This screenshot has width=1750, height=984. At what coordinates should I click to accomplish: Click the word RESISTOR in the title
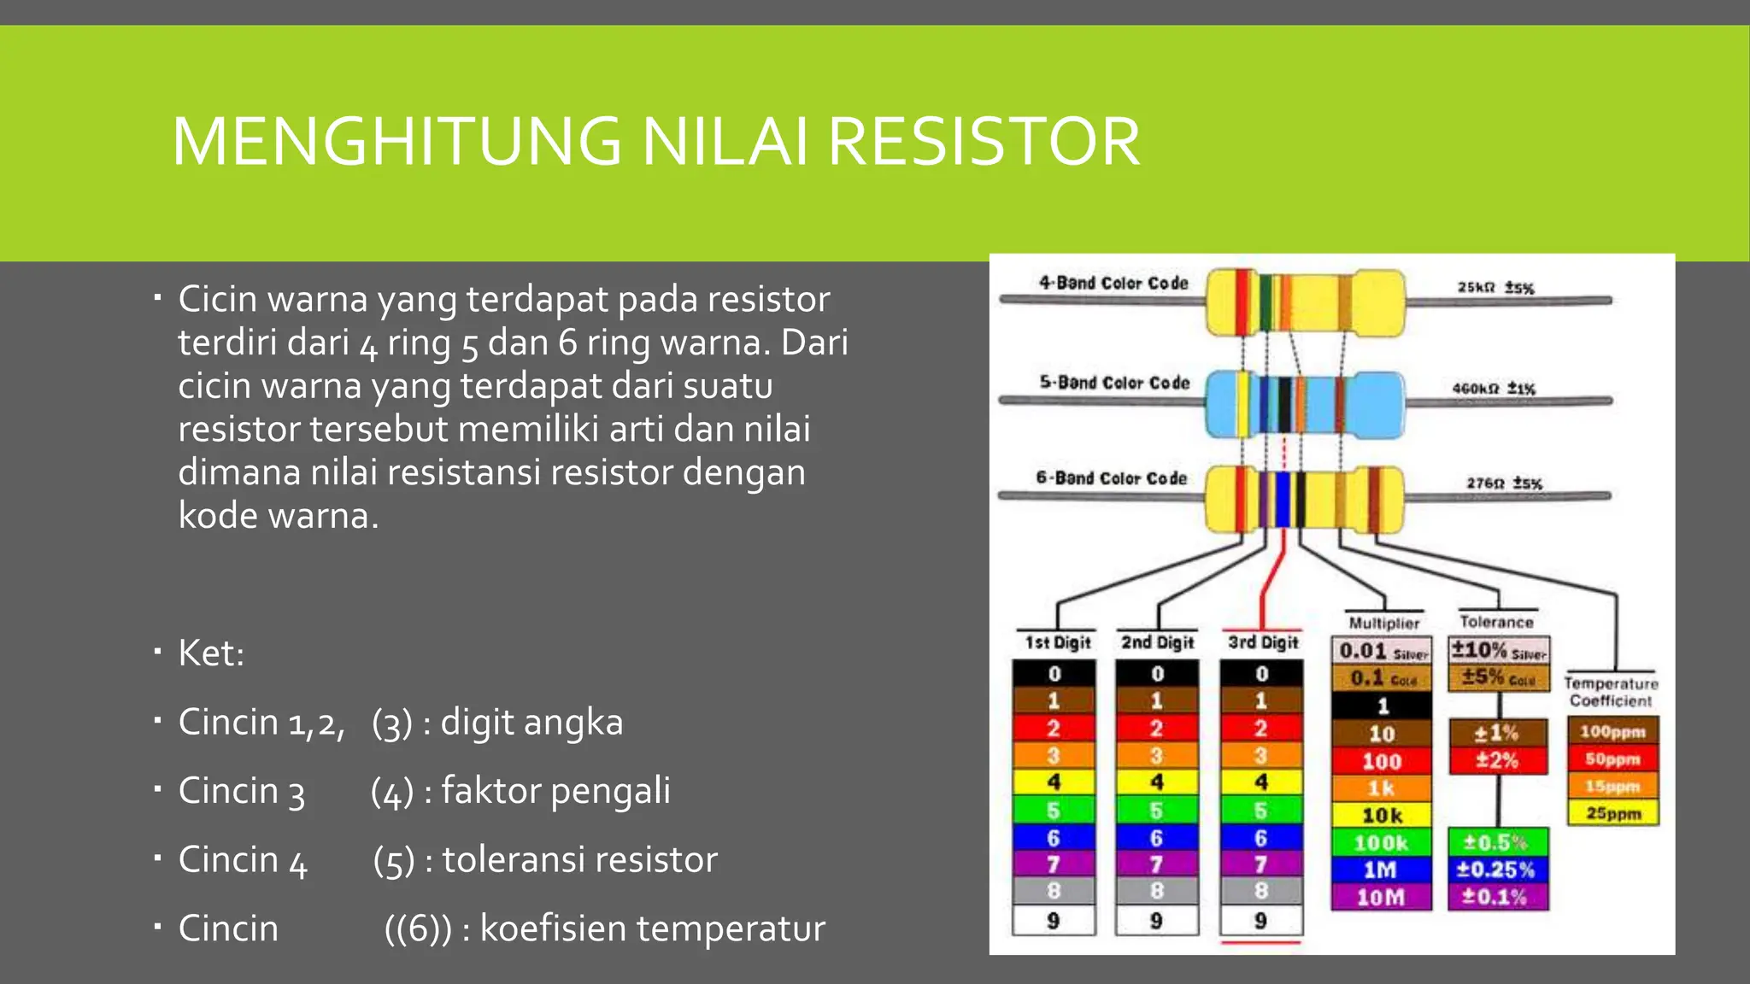pos(984,142)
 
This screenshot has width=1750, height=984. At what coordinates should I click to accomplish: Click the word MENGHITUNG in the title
pos(396,142)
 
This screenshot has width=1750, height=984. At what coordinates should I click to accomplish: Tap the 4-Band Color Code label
pos(1113,283)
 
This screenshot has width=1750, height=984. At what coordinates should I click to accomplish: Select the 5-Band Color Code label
pos(1113,383)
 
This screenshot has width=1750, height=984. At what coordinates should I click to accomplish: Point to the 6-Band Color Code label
pos(1111,478)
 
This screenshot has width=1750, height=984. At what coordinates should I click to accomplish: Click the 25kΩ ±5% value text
pos(1495,288)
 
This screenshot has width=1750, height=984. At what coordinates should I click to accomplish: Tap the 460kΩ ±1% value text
pos(1494,389)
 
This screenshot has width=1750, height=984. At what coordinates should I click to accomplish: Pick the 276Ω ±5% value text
pos(1504,483)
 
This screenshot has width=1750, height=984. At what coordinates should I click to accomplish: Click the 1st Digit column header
pos(1058,642)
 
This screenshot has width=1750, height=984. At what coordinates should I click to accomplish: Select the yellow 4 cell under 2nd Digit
pos(1157,782)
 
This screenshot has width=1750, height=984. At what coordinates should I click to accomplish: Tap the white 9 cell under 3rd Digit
pos(1260,921)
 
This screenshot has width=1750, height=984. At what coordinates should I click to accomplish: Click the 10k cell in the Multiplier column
pos(1381,816)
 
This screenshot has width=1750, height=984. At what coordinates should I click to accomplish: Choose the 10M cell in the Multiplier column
pos(1381,897)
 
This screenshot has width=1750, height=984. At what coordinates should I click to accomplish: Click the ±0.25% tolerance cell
pos(1497,870)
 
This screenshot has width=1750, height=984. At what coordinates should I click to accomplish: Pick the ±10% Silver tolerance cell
pos(1498,651)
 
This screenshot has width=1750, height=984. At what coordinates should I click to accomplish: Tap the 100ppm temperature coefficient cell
pos(1612,732)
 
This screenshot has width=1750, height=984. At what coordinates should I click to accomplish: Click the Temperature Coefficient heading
pos(1611,692)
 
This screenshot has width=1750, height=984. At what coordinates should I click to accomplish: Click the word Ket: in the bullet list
pos(211,653)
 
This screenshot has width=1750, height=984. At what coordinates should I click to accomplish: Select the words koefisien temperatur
pos(652,928)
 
